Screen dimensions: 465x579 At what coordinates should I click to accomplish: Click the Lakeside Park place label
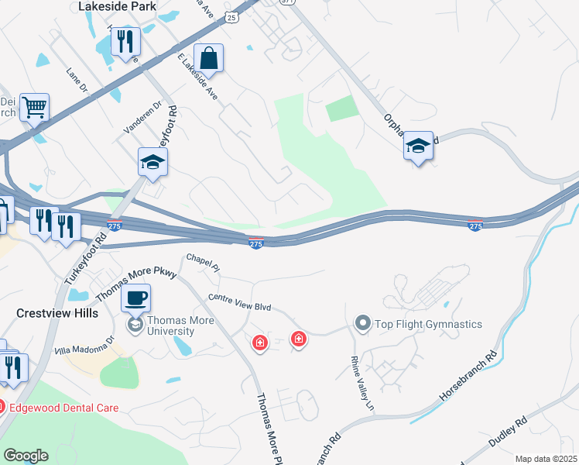[x=118, y=6]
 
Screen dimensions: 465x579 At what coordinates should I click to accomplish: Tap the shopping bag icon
[x=209, y=57]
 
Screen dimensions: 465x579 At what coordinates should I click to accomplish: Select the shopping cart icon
[x=34, y=108]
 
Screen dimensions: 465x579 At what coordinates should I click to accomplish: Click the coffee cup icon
[x=136, y=298]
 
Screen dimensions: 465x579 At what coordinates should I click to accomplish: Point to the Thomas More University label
[x=170, y=325]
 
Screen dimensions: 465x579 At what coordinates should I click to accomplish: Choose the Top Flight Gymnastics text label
[x=428, y=324]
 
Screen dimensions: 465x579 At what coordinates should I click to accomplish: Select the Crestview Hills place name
[x=57, y=313]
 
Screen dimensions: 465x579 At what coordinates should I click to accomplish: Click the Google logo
[x=26, y=456]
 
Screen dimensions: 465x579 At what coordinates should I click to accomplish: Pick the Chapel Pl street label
[x=204, y=262]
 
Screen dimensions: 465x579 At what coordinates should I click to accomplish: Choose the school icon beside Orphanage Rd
[x=418, y=146]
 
